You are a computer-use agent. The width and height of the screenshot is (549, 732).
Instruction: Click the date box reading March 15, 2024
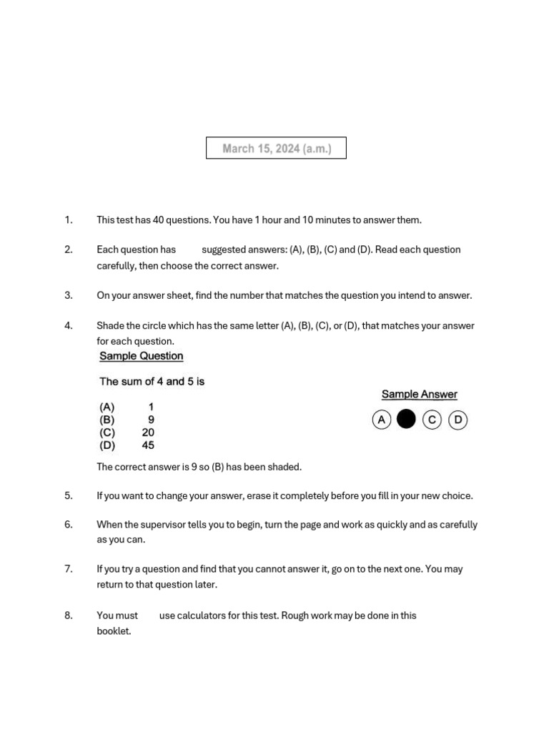(x=276, y=148)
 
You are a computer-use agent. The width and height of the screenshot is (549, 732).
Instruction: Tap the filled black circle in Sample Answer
(x=406, y=420)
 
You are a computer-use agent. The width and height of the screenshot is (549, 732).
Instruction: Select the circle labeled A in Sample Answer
(x=382, y=420)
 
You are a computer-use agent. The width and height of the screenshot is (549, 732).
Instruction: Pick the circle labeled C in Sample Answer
(x=432, y=420)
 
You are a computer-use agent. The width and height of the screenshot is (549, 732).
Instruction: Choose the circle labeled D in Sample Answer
(x=457, y=420)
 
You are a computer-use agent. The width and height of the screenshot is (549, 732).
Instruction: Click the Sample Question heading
(x=142, y=356)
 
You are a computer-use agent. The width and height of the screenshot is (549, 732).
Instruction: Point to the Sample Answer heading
(x=420, y=394)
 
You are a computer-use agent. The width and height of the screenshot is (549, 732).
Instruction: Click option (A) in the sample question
(x=107, y=407)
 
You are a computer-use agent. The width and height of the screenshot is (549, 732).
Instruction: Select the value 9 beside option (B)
(x=151, y=420)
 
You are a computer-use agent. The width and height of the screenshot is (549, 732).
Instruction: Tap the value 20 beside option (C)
(x=148, y=432)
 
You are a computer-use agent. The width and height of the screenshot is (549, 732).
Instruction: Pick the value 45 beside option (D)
(x=148, y=445)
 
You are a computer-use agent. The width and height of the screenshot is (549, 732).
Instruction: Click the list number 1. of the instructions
(x=69, y=219)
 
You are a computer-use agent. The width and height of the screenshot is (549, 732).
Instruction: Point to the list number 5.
(x=69, y=495)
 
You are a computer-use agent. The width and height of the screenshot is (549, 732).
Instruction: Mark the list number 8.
(x=69, y=615)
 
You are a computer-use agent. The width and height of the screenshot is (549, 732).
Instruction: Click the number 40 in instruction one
(x=159, y=219)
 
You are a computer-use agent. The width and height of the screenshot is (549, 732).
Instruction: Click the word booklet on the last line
(x=114, y=631)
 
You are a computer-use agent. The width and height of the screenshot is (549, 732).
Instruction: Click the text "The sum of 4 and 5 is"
(x=152, y=382)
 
